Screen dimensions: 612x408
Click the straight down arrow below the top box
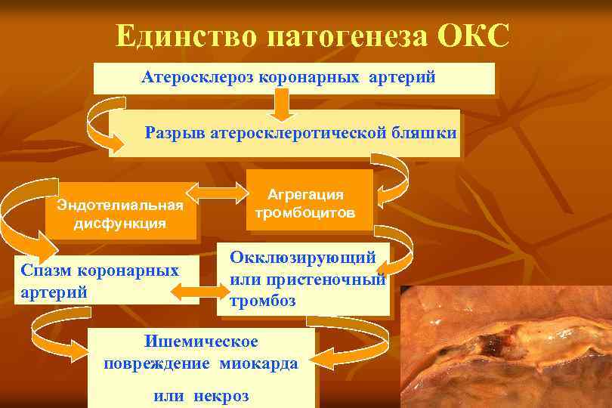281,107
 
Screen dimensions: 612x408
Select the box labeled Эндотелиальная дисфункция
121,214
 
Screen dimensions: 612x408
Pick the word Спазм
45,270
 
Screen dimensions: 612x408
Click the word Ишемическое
200,342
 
